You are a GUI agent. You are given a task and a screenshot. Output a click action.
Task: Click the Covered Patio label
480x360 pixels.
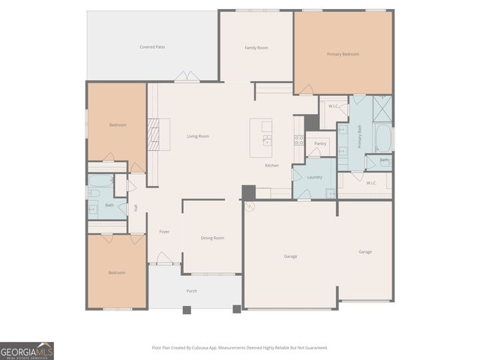(152, 46)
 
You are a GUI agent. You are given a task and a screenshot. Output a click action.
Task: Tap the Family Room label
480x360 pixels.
(256, 47)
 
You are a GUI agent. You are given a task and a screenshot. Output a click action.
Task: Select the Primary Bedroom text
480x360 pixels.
(343, 54)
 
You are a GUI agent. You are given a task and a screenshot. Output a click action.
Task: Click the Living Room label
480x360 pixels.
(198, 136)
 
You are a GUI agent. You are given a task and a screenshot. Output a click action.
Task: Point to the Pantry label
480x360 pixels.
(320, 142)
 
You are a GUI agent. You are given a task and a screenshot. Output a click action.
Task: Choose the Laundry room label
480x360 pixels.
(314, 177)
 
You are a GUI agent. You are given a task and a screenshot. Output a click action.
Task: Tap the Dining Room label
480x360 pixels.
(212, 238)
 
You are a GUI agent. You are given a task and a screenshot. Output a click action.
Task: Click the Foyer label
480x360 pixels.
(164, 231)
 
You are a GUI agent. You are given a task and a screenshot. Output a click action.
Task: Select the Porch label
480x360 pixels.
(192, 290)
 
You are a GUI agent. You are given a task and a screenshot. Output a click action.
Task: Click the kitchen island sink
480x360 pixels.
(266, 139)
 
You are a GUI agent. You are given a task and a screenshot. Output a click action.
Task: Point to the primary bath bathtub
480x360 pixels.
(382, 137)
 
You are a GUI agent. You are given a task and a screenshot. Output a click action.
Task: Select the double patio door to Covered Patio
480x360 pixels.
(187, 76)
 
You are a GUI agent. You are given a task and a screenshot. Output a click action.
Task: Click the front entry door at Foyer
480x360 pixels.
(164, 259)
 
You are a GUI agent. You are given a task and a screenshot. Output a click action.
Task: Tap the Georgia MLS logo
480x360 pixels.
(27, 351)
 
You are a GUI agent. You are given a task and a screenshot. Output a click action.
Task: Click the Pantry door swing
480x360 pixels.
(310, 154)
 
